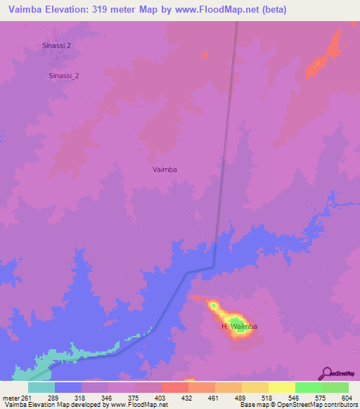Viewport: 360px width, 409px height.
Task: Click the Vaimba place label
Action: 165,169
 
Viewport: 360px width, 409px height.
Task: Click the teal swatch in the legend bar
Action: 41,387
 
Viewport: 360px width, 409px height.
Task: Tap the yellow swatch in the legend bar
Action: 281,387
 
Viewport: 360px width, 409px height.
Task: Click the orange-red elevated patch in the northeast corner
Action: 323,59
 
